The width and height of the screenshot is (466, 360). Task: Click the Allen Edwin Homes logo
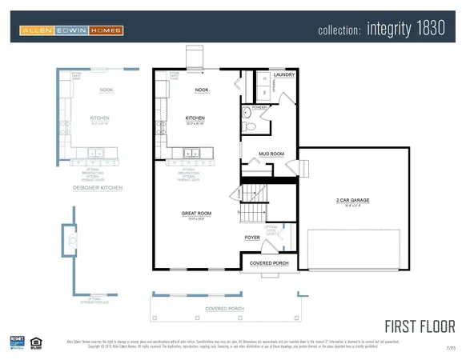tap(71, 31)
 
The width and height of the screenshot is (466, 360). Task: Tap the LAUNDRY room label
tap(284, 75)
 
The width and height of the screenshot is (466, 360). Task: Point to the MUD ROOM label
tap(271, 154)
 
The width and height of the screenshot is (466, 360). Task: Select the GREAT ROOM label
tap(195, 213)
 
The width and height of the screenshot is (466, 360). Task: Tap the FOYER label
tap(252, 238)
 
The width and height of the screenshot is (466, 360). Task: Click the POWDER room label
tap(259, 106)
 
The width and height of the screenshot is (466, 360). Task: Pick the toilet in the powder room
tap(250, 126)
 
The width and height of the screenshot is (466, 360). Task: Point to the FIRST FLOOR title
tap(420, 326)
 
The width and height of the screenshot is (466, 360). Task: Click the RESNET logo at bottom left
tap(16, 342)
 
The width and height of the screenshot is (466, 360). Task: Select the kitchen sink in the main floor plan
tap(192, 154)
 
